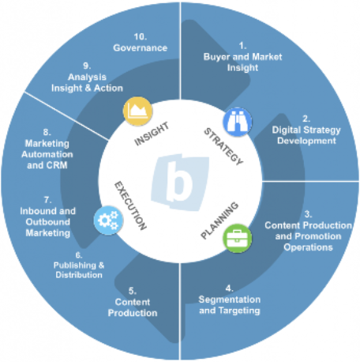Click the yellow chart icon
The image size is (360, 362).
point(137,111)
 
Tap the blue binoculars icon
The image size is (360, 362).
point(238,122)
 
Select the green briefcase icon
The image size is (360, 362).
point(237,239)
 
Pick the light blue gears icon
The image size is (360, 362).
point(108,221)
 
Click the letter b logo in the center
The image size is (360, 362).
point(180,183)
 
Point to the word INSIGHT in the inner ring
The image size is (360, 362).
point(152,134)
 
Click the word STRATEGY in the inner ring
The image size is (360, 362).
point(223,146)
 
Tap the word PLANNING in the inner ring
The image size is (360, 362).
point(220,221)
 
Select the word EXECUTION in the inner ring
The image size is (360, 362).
point(130,206)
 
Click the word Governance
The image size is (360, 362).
point(141,47)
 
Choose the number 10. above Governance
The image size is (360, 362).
point(141,36)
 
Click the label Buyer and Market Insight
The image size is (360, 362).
point(242,62)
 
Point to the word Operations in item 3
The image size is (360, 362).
point(308,247)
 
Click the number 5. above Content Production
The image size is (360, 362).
point(133,291)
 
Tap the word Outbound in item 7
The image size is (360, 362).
point(48,222)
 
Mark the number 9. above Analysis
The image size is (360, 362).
point(87,66)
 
